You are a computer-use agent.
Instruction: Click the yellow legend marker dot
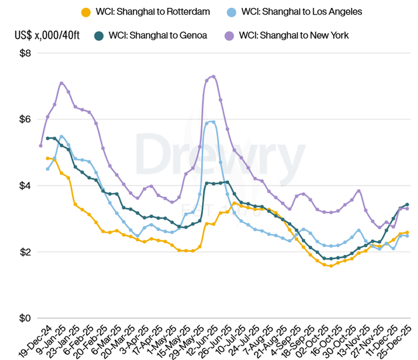click(x=85, y=11)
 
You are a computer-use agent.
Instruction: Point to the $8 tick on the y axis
click(x=25, y=53)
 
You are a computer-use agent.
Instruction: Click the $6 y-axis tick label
click(x=25, y=120)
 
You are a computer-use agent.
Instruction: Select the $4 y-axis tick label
click(x=25, y=186)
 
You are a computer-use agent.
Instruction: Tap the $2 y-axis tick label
click(x=25, y=252)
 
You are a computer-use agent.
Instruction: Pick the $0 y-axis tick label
click(x=25, y=319)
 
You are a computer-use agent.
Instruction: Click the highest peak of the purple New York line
click(x=213, y=76)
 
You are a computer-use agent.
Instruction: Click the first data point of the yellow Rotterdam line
click(x=47, y=158)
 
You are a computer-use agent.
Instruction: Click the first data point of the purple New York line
click(x=41, y=146)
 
